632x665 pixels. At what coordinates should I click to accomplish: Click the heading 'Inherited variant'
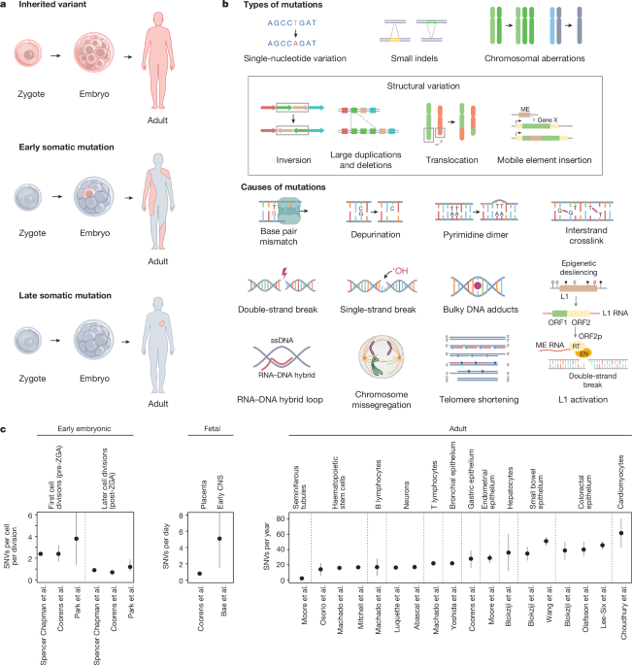coord(50,6)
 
